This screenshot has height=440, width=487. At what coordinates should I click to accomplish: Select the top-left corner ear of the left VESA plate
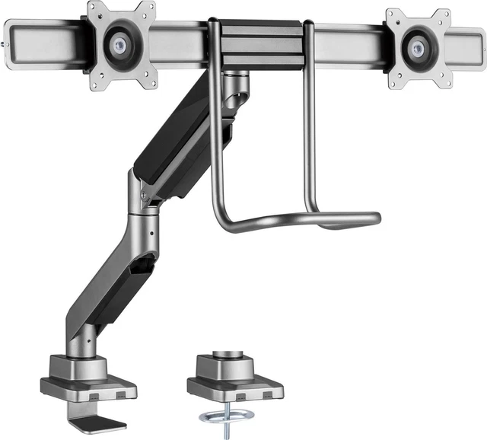(x=94, y=9)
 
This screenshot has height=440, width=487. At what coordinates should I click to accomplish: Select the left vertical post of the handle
(x=215, y=129)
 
